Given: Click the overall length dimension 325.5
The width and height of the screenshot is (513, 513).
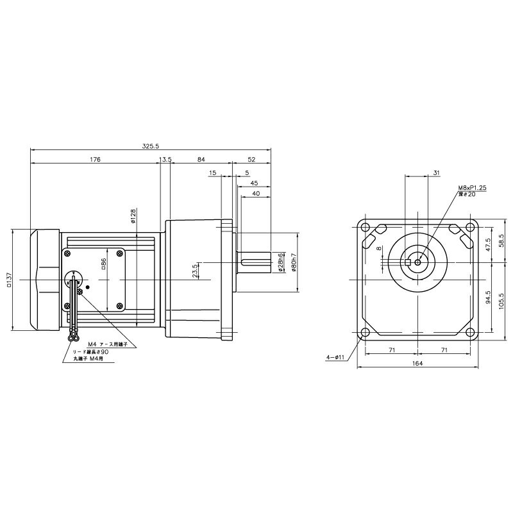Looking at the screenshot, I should [151, 147].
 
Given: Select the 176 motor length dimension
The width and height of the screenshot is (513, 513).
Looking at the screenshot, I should [96, 159].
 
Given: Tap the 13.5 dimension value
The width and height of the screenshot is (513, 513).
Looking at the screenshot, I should [165, 159].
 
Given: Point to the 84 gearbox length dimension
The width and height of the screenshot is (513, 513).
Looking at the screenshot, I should [201, 159].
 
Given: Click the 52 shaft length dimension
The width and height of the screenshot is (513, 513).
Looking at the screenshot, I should [251, 159].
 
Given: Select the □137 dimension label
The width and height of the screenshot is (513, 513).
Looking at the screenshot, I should [9, 280].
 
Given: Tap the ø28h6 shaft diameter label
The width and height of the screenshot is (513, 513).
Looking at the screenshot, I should [282, 262].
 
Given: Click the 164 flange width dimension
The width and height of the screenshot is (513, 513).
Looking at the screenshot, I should [417, 364].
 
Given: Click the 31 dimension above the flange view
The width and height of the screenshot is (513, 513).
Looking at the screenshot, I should [436, 172].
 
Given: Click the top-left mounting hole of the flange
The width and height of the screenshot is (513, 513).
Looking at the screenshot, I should [364, 228].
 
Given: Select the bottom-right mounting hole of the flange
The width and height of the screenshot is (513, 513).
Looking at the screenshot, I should [471, 333].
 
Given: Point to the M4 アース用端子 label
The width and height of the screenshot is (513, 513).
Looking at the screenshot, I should [108, 344].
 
